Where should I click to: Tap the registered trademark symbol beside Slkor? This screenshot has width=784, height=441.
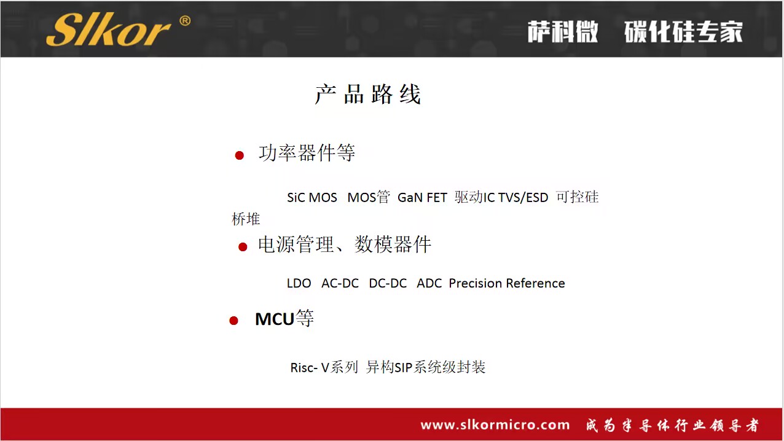184,21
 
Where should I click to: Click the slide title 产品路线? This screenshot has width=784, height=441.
367,95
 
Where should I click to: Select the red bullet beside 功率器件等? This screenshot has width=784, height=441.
240,155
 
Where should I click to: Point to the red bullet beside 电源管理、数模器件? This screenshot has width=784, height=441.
243,247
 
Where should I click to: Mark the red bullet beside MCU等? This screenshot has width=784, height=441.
233,321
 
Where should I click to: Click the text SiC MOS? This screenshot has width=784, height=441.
312,198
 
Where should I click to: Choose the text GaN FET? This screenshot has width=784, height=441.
422,198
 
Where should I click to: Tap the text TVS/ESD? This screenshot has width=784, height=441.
523,198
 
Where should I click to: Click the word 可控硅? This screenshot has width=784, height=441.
577,197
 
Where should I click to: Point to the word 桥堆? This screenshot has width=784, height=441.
246,219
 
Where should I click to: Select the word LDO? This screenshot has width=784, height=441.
299,284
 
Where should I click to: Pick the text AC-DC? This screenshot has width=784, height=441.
340,284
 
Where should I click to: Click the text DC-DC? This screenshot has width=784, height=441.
388,284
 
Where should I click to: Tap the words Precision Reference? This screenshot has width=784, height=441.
507,284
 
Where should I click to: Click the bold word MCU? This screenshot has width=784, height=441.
275,319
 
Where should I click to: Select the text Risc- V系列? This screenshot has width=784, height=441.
324,368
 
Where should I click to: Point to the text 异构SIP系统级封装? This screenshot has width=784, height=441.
426,368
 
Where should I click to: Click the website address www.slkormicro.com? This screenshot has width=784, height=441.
495,425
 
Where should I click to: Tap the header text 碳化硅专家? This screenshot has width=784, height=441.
683,32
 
